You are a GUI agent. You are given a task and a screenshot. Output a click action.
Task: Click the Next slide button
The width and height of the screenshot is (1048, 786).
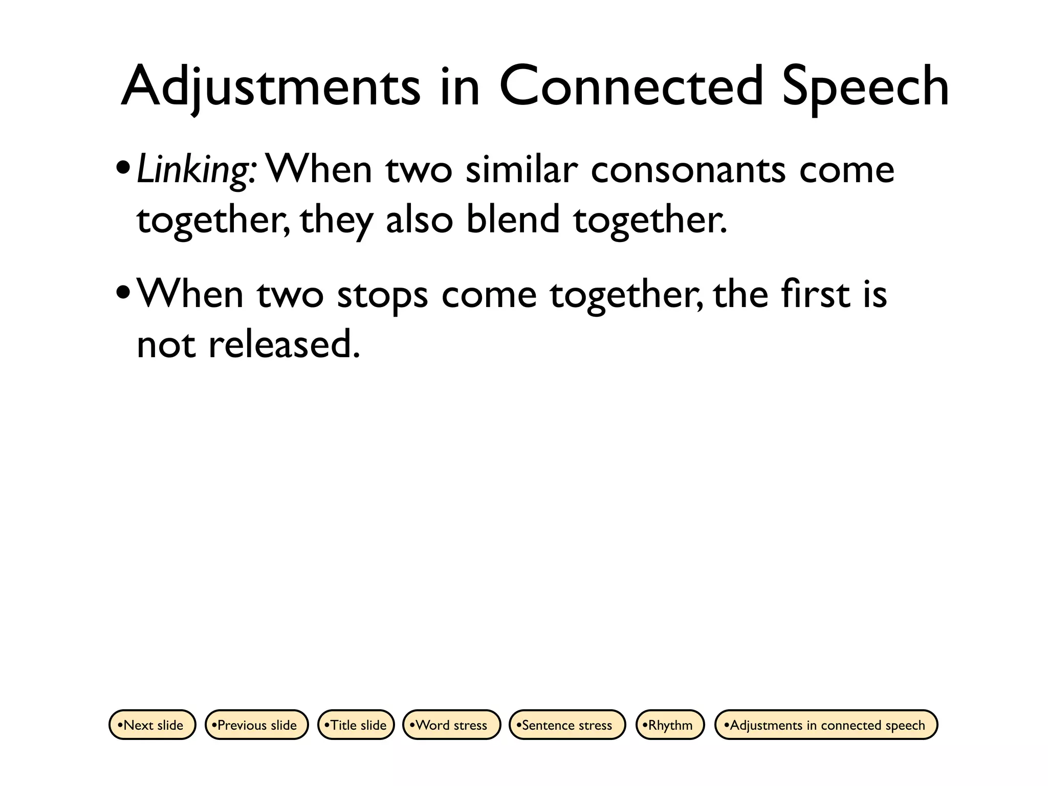[x=152, y=725]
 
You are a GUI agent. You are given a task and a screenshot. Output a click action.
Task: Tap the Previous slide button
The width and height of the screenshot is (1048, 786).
[x=256, y=725]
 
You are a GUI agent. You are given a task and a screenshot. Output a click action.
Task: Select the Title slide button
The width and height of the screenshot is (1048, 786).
[x=356, y=725]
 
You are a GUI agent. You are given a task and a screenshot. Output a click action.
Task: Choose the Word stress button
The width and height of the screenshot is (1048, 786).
[x=451, y=725]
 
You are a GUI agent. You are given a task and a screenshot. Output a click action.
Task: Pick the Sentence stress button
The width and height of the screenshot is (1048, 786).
[x=567, y=725]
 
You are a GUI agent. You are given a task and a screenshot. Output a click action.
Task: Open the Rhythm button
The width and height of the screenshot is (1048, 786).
[x=670, y=725]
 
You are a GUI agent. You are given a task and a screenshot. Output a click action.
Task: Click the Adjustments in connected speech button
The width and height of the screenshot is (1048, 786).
[x=826, y=725]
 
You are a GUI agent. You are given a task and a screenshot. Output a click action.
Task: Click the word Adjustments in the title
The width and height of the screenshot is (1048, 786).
[x=271, y=87]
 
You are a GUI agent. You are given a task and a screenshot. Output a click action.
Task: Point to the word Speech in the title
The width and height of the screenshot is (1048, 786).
[x=865, y=87]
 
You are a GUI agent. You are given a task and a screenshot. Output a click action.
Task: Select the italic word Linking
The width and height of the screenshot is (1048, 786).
[x=193, y=170]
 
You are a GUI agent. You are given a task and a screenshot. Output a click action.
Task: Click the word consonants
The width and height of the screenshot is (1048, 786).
[x=688, y=170]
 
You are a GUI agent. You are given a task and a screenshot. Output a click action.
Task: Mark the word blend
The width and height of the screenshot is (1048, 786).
[x=513, y=219]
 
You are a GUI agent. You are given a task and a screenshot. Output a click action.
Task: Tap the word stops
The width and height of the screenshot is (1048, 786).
[x=382, y=296]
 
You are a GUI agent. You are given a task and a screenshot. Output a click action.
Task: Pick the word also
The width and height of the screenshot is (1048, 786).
[x=420, y=219]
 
